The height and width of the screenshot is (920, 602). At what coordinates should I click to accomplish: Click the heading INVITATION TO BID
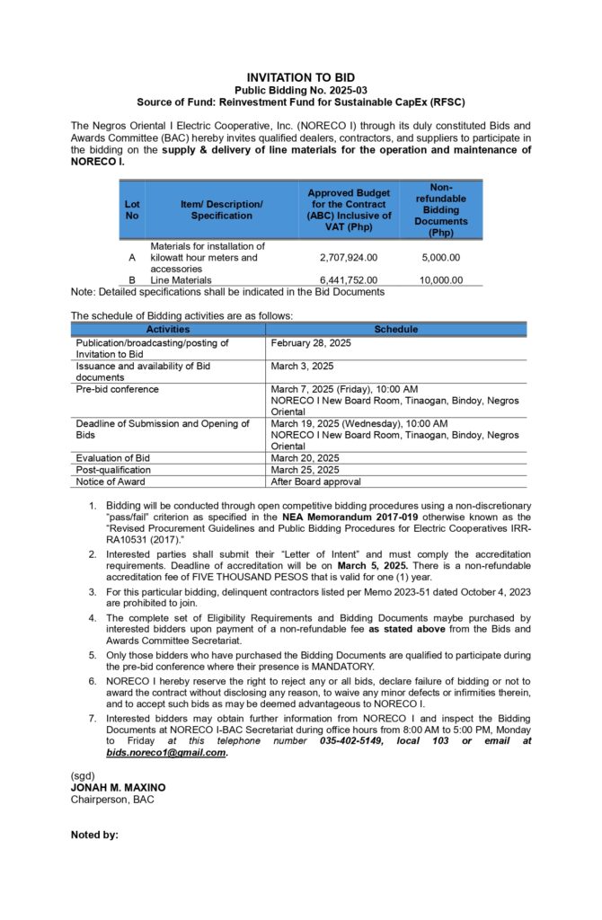click(301, 78)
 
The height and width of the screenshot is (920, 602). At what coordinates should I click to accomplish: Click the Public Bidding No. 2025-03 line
click(301, 91)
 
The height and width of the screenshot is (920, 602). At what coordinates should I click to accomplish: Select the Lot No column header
click(132, 209)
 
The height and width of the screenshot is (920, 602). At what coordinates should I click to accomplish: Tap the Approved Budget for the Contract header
click(350, 209)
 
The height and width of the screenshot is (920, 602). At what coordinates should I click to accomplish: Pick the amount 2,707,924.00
click(349, 258)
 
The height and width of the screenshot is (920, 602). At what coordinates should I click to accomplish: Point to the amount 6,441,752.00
click(349, 280)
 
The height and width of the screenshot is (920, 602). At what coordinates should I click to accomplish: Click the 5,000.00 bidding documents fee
click(441, 258)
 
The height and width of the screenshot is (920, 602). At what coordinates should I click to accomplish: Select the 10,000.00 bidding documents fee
click(440, 280)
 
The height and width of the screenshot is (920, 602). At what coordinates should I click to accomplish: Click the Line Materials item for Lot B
click(181, 280)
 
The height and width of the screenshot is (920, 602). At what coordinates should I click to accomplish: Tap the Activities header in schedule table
click(168, 330)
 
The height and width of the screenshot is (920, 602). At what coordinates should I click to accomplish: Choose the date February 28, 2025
click(311, 343)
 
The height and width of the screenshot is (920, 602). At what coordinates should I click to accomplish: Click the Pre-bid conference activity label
click(117, 389)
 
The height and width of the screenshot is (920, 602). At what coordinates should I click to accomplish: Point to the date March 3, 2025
click(302, 367)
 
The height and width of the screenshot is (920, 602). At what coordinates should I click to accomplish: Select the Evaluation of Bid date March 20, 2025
click(305, 458)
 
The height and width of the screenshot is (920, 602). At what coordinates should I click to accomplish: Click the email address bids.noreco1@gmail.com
click(166, 753)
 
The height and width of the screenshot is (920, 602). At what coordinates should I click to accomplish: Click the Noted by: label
click(94, 836)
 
